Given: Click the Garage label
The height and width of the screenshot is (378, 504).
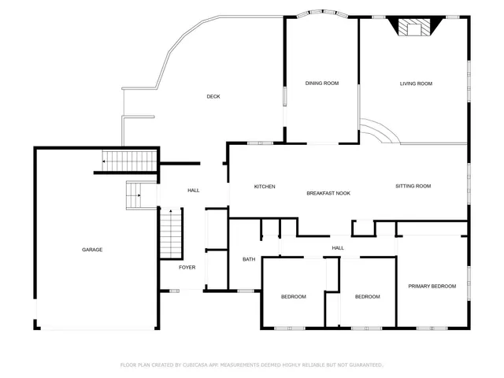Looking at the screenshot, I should (92, 250).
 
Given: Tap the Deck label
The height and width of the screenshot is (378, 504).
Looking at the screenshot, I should (213, 97).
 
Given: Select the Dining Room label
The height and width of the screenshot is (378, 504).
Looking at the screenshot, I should (322, 83).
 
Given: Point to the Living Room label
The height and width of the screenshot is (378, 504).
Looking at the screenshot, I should (416, 83).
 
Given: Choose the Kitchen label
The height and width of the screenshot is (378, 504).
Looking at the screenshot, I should (264, 187).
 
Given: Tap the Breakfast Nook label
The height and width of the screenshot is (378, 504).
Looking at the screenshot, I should (328, 193).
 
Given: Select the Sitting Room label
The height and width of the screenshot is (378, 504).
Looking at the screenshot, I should (413, 186).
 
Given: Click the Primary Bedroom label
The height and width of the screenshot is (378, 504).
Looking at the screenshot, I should (432, 286).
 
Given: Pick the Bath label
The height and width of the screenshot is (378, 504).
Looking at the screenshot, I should (249, 259).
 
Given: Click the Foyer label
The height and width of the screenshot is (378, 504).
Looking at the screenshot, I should (187, 267).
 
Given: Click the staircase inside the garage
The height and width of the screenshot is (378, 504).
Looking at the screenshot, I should (127, 162).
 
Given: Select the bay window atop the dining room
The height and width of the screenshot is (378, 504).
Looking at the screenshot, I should (321, 13).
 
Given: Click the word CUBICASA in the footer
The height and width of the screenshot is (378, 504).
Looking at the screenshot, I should (200, 365).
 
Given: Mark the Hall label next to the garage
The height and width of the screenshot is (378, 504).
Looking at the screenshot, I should (193, 191).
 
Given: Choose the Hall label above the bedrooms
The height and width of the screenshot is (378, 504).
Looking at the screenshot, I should (338, 248).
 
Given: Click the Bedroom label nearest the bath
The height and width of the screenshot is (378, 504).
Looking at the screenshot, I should (293, 296).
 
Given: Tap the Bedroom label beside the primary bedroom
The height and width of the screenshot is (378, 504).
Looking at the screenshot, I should (367, 296).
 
